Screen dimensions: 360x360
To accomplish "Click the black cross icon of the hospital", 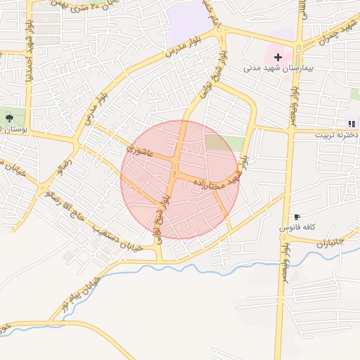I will click(x=278, y=56).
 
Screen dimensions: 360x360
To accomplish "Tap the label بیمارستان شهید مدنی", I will click(x=276, y=68).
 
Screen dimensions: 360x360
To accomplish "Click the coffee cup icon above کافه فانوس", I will click(x=296, y=217).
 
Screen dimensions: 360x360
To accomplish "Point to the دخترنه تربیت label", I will click(x=337, y=134).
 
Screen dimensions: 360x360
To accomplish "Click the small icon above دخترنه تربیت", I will click(x=352, y=124).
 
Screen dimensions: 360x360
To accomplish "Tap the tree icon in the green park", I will click(x=9, y=117).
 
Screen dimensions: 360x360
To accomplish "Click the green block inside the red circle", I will click(x=224, y=143).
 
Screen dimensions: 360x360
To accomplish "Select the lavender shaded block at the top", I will click(x=189, y=20).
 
